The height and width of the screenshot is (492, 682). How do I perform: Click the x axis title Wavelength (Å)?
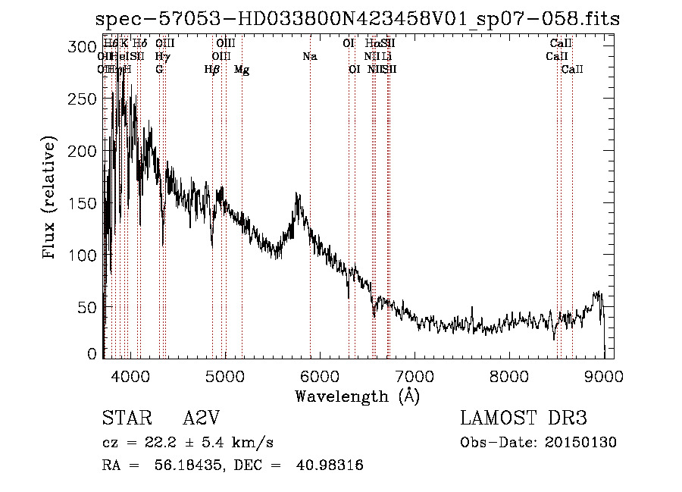[357, 396]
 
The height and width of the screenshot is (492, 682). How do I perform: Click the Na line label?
[309, 57]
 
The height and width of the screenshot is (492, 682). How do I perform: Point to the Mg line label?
[242, 70]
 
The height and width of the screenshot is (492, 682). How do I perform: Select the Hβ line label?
[212, 70]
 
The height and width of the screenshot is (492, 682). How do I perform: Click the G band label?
[159, 70]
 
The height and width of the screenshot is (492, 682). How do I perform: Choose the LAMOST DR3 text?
[523, 418]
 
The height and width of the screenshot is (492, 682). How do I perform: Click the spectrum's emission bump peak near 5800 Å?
[296, 195]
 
